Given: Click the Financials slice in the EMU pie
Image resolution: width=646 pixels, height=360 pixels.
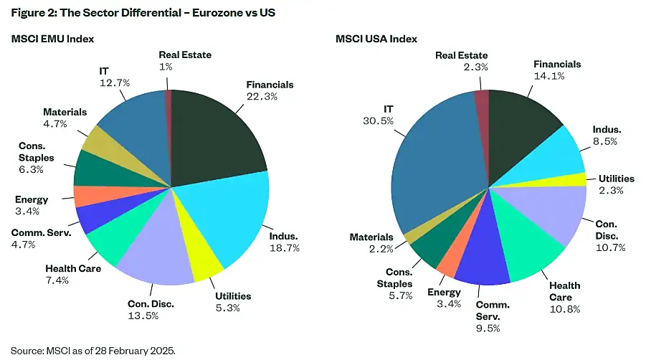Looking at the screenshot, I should pos(215,133).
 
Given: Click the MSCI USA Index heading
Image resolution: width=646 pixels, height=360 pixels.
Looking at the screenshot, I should pos(376,39).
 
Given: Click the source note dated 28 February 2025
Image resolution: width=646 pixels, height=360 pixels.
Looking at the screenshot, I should pos(93,351).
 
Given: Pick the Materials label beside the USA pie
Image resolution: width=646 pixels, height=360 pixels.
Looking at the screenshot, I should pos(371,237).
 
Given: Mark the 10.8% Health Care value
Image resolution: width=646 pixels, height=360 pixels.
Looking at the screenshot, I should pos(564,308).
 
